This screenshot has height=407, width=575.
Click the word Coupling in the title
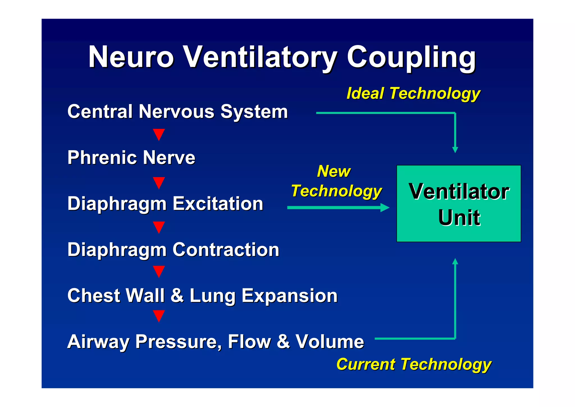pyautogui.click(x=411, y=58)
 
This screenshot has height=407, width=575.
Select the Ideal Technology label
pyautogui.click(x=413, y=93)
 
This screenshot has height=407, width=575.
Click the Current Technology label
pyautogui.click(x=414, y=364)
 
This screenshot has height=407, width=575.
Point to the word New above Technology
pyautogui.click(x=334, y=171)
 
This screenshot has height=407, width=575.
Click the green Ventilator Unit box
pyautogui.click(x=458, y=204)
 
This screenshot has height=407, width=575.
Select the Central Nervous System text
pyautogui.click(x=178, y=112)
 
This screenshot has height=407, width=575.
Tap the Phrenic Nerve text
pyautogui.click(x=131, y=158)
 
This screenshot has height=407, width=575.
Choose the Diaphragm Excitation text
pyautogui.click(x=165, y=204)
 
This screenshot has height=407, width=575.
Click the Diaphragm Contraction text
pyautogui.click(x=173, y=250)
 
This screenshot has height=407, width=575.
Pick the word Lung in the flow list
pyautogui.click(x=213, y=296)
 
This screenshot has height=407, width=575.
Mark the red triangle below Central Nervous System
pyautogui.click(x=159, y=134)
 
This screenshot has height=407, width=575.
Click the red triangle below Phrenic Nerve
pyautogui.click(x=159, y=183)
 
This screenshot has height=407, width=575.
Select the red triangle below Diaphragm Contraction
pyautogui.click(x=159, y=271)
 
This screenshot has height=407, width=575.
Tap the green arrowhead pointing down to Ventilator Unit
pyautogui.click(x=455, y=150)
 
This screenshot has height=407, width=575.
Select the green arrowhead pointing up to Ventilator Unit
pyautogui.click(x=455, y=261)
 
